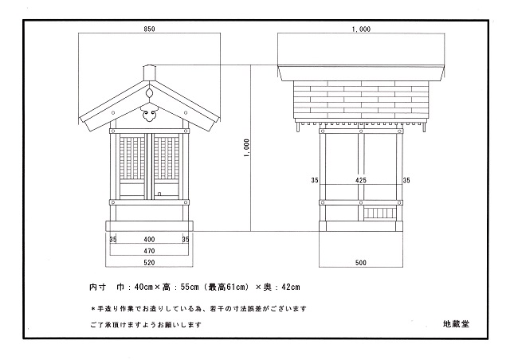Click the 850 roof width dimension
149,29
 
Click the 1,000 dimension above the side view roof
361,29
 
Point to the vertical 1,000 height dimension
246,148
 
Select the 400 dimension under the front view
149,240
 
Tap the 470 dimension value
149,251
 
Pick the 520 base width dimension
149,263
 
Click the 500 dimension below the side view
361,263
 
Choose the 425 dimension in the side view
361,180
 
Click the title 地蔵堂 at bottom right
456,324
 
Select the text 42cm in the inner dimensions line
291,288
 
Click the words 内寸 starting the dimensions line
97,288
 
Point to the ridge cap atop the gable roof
149,72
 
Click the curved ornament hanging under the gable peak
149,113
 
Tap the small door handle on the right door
159,194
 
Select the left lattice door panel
132,166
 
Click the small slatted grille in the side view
380,214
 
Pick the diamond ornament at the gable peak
149,93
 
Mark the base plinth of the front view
149,226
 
